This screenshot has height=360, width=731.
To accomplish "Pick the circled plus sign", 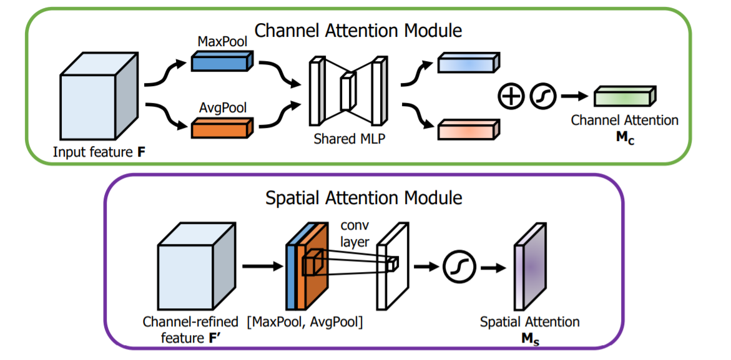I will [x=511, y=97].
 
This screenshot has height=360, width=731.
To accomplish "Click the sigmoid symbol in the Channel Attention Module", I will [x=542, y=97].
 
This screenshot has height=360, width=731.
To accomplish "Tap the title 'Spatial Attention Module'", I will [x=364, y=198].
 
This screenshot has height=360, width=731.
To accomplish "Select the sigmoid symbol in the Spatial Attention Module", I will [x=459, y=268].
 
